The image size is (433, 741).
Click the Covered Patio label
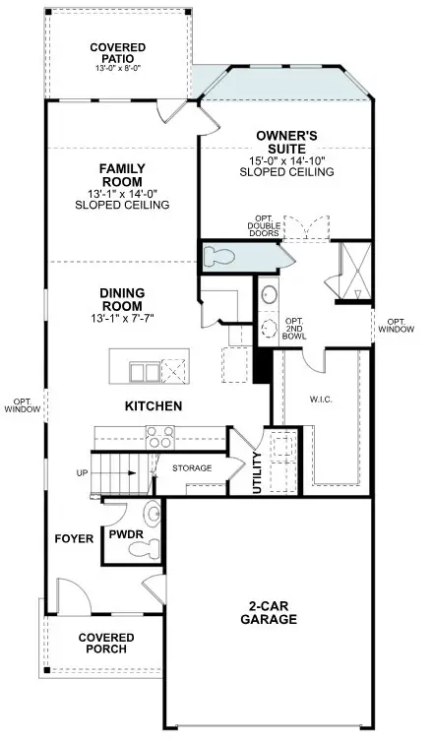(x=117, y=54)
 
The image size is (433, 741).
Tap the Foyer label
(x=75, y=538)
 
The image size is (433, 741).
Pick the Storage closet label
(x=193, y=468)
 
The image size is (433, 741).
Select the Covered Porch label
(x=106, y=644)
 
